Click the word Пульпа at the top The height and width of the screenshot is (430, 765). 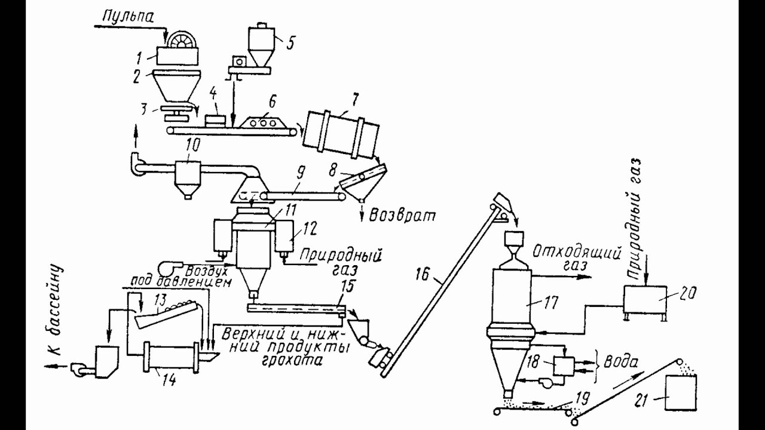[128, 17]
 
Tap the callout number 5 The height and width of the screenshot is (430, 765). [290, 44]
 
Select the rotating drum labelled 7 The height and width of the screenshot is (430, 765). [341, 136]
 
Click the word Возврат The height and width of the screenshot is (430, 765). [403, 216]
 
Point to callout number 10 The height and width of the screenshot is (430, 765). [192, 146]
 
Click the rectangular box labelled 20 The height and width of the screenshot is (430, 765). [645, 300]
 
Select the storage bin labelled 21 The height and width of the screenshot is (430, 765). [681, 392]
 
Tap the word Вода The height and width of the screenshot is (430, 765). [620, 362]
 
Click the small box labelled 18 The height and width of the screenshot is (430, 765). [564, 366]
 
